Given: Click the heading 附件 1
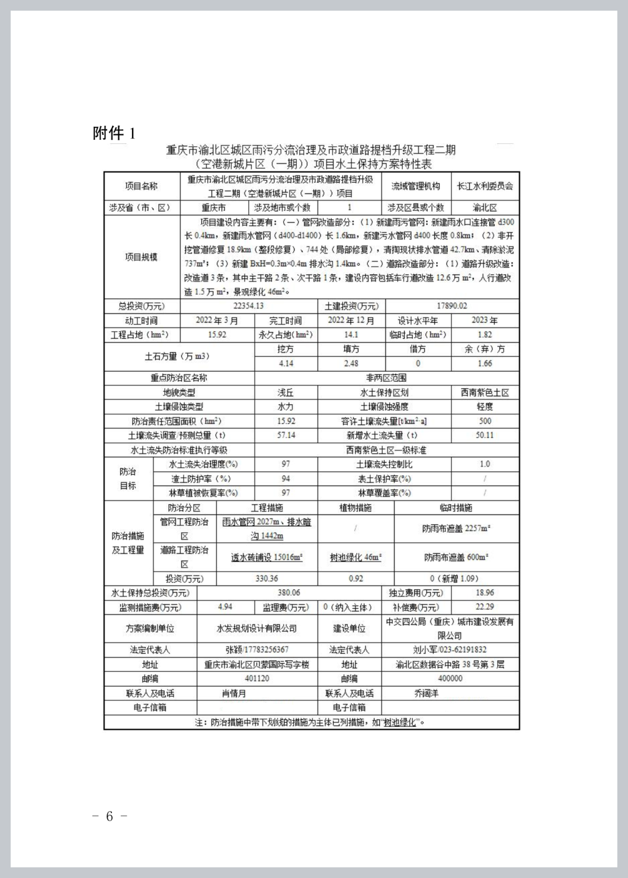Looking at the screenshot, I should click(114, 133).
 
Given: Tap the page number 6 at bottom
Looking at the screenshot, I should click(110, 816).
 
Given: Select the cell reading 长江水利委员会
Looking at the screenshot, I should click(485, 186).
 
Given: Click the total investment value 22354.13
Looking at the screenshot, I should click(248, 306).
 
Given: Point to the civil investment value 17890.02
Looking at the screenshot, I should click(451, 306).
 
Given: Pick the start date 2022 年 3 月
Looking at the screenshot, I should click(217, 320).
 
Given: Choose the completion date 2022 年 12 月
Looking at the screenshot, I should click(351, 320).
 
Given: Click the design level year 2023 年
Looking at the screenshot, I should click(484, 320).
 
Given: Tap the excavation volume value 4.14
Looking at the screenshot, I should click(286, 364).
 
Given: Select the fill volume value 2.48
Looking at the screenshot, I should click(351, 364).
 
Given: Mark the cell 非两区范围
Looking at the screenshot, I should click(386, 378).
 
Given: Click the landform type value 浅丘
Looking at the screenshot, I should click(286, 393).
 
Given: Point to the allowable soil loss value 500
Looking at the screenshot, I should click(485, 421).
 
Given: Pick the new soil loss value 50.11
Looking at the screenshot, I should click(485, 435).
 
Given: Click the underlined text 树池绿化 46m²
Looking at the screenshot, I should click(355, 558).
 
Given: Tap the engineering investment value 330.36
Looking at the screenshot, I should click(267, 578).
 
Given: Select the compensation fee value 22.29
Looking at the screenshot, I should click(484, 607).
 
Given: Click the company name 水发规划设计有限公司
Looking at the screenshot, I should click(257, 628).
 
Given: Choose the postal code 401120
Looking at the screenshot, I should click(257, 678).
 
